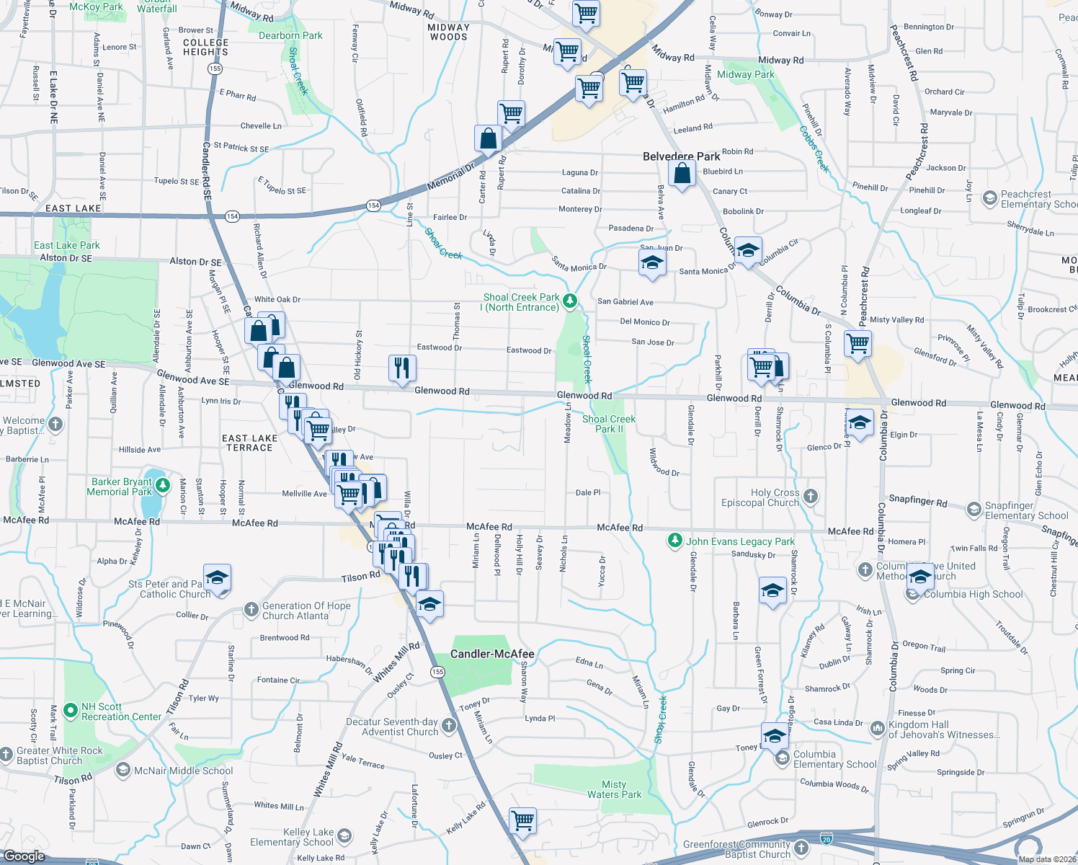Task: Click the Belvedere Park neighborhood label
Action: [681, 156]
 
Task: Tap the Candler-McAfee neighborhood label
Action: [492, 654]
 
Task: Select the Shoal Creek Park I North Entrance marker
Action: [570, 301]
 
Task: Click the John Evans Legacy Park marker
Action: [674, 541]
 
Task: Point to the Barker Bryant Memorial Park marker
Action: [163, 486]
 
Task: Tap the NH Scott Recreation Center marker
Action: [71, 711]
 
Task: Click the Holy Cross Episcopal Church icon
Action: [811, 496]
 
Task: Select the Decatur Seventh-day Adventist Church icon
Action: [449, 725]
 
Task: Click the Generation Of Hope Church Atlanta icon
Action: [251, 610]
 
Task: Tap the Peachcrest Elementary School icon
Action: [989, 198]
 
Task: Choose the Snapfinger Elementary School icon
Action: [974, 510]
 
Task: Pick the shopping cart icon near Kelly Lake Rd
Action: [522, 820]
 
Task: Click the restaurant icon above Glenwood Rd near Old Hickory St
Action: [402, 368]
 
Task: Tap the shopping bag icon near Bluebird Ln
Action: [682, 174]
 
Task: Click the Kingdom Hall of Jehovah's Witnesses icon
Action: [877, 729]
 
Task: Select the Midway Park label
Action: [745, 74]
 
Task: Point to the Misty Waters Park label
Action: [614, 789]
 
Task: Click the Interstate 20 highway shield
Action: [827, 839]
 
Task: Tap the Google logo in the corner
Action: [24, 856]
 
